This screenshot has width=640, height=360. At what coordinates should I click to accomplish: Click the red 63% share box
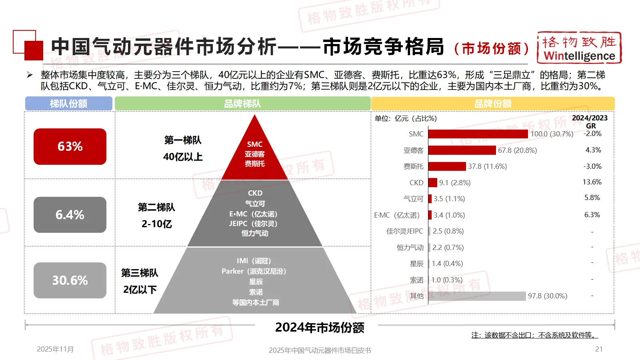pyautogui.click(x=70, y=146)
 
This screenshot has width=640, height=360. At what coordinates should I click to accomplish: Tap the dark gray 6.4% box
pyautogui.click(x=70, y=215)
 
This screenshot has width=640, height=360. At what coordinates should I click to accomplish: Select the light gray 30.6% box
pyautogui.click(x=70, y=280)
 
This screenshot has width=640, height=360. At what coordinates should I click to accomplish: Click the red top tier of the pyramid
pyautogui.click(x=255, y=154)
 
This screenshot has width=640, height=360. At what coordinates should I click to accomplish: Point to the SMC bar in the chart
pyautogui.click(x=478, y=134)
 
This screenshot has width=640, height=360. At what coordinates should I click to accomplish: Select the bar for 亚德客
pyautogui.click(x=462, y=150)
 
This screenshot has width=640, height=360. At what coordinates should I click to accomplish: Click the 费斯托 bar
pyautogui.click(x=447, y=166)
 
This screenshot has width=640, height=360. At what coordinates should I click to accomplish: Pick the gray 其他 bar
pyautogui.click(x=477, y=296)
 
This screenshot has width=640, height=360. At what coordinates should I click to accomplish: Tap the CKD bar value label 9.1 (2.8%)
pyautogui.click(x=455, y=183)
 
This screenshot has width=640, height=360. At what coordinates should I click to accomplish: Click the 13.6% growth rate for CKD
pyautogui.click(x=592, y=182)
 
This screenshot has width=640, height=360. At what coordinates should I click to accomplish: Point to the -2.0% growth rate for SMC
pyautogui.click(x=592, y=134)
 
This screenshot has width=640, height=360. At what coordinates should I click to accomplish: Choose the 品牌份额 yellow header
pyautogui.click(x=493, y=104)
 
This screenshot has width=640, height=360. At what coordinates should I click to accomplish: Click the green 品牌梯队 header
pyautogui.click(x=242, y=104)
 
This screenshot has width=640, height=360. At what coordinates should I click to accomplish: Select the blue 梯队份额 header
pyautogui.click(x=69, y=104)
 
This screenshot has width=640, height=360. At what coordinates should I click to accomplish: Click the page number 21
pyautogui.click(x=599, y=349)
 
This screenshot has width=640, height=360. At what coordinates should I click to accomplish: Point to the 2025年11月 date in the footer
pyautogui.click(x=55, y=349)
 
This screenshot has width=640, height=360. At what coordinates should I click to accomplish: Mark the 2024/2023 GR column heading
pyautogui.click(x=590, y=122)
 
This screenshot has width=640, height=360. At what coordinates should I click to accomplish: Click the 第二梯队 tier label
pyautogui.click(x=157, y=207)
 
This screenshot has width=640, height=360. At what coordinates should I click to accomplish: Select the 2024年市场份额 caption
pyautogui.click(x=320, y=328)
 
